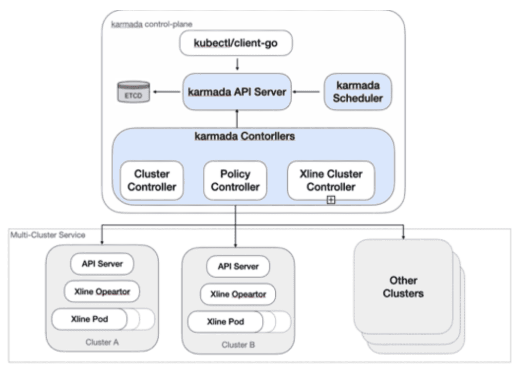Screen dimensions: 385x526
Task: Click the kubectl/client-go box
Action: [236, 44]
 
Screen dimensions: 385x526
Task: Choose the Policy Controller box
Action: [235, 180]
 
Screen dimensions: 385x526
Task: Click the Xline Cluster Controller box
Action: [330, 180]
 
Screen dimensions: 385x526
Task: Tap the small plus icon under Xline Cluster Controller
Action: [330, 200]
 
